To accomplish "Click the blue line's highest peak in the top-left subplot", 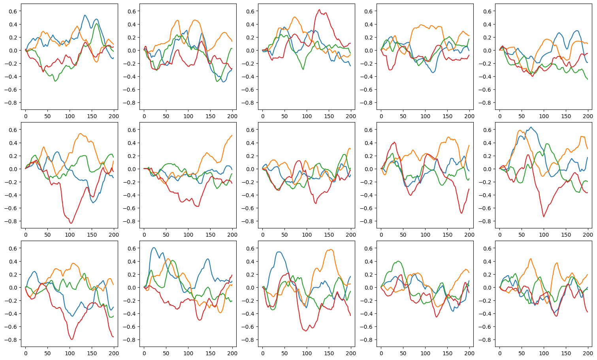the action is pos(85,15).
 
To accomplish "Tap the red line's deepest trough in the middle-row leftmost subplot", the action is pos(71,223).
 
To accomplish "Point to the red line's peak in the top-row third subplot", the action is pos(319,9).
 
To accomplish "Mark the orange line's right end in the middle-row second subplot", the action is pos(232,135).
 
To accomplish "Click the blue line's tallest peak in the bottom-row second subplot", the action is pos(154,248).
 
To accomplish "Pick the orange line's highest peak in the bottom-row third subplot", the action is pos(331,249).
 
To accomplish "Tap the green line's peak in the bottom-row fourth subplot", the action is pos(398,261).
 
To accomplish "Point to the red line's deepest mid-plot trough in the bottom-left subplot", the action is pos(72,339).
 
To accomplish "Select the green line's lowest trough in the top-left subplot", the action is pos(55,81).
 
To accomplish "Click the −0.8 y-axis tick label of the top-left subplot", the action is pos(11,103).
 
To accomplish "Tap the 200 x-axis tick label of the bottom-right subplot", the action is pos(588,353).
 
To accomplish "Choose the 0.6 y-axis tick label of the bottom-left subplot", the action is pos(13,248).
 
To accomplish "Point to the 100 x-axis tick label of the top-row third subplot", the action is pos(307,116).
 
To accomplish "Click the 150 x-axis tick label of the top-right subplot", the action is pos(566,116).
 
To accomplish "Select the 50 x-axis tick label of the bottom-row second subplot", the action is pos(166,353).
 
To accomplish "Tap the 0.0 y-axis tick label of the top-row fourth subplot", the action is pos(369,51).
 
